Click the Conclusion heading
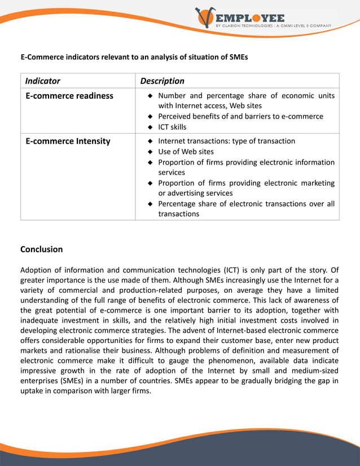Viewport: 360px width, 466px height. click(42, 249)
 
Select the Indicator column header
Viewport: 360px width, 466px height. click(43, 81)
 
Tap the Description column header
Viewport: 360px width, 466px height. click(162, 81)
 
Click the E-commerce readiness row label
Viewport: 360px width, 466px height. click(69, 96)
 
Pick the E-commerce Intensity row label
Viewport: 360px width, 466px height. click(68, 141)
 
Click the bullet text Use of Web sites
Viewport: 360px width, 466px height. click(186, 152)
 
